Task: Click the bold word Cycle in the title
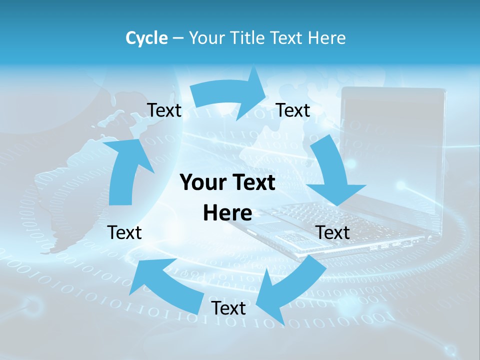(146, 38)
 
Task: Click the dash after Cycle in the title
(177, 38)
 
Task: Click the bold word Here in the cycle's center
(227, 213)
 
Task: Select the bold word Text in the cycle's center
(252, 183)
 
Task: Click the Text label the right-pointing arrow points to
(293, 110)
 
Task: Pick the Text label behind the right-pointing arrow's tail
(164, 110)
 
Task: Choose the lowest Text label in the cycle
(228, 308)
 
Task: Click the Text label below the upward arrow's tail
(124, 232)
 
